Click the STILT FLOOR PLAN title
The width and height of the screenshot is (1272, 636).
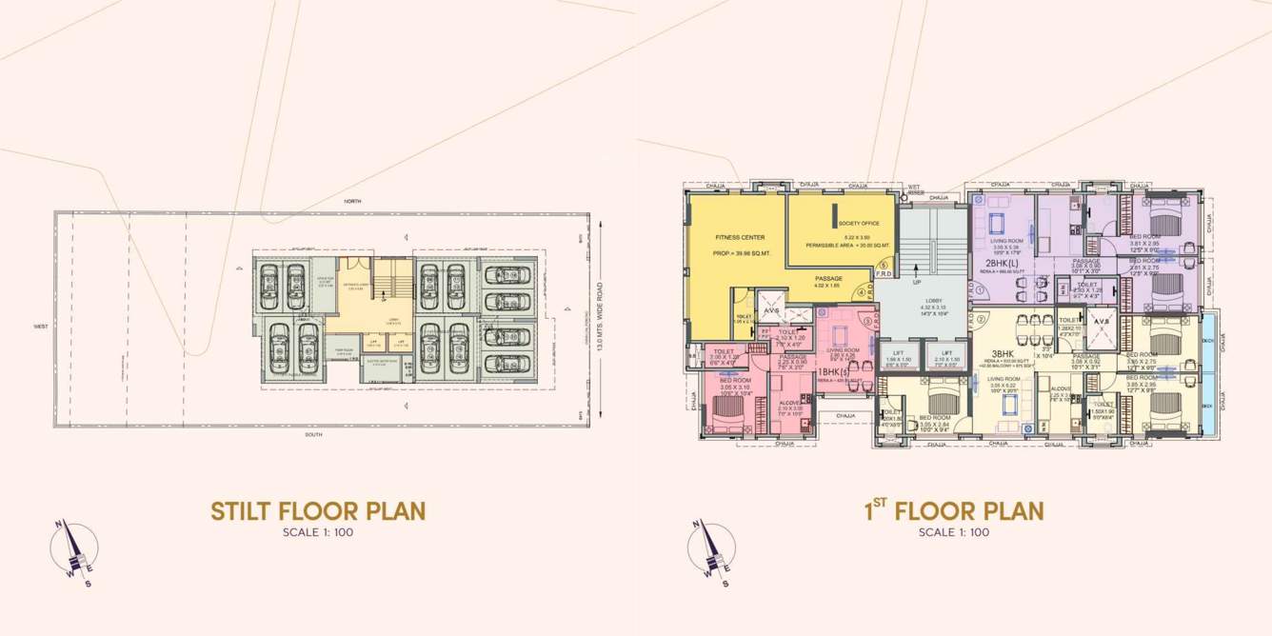318,510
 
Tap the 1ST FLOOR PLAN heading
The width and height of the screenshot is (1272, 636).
954,510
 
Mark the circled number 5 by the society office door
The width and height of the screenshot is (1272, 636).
884,266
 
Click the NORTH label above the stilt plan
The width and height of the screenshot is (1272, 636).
353,202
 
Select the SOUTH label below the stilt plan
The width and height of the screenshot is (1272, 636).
314,434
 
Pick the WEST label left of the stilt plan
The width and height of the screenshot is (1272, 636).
41,326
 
